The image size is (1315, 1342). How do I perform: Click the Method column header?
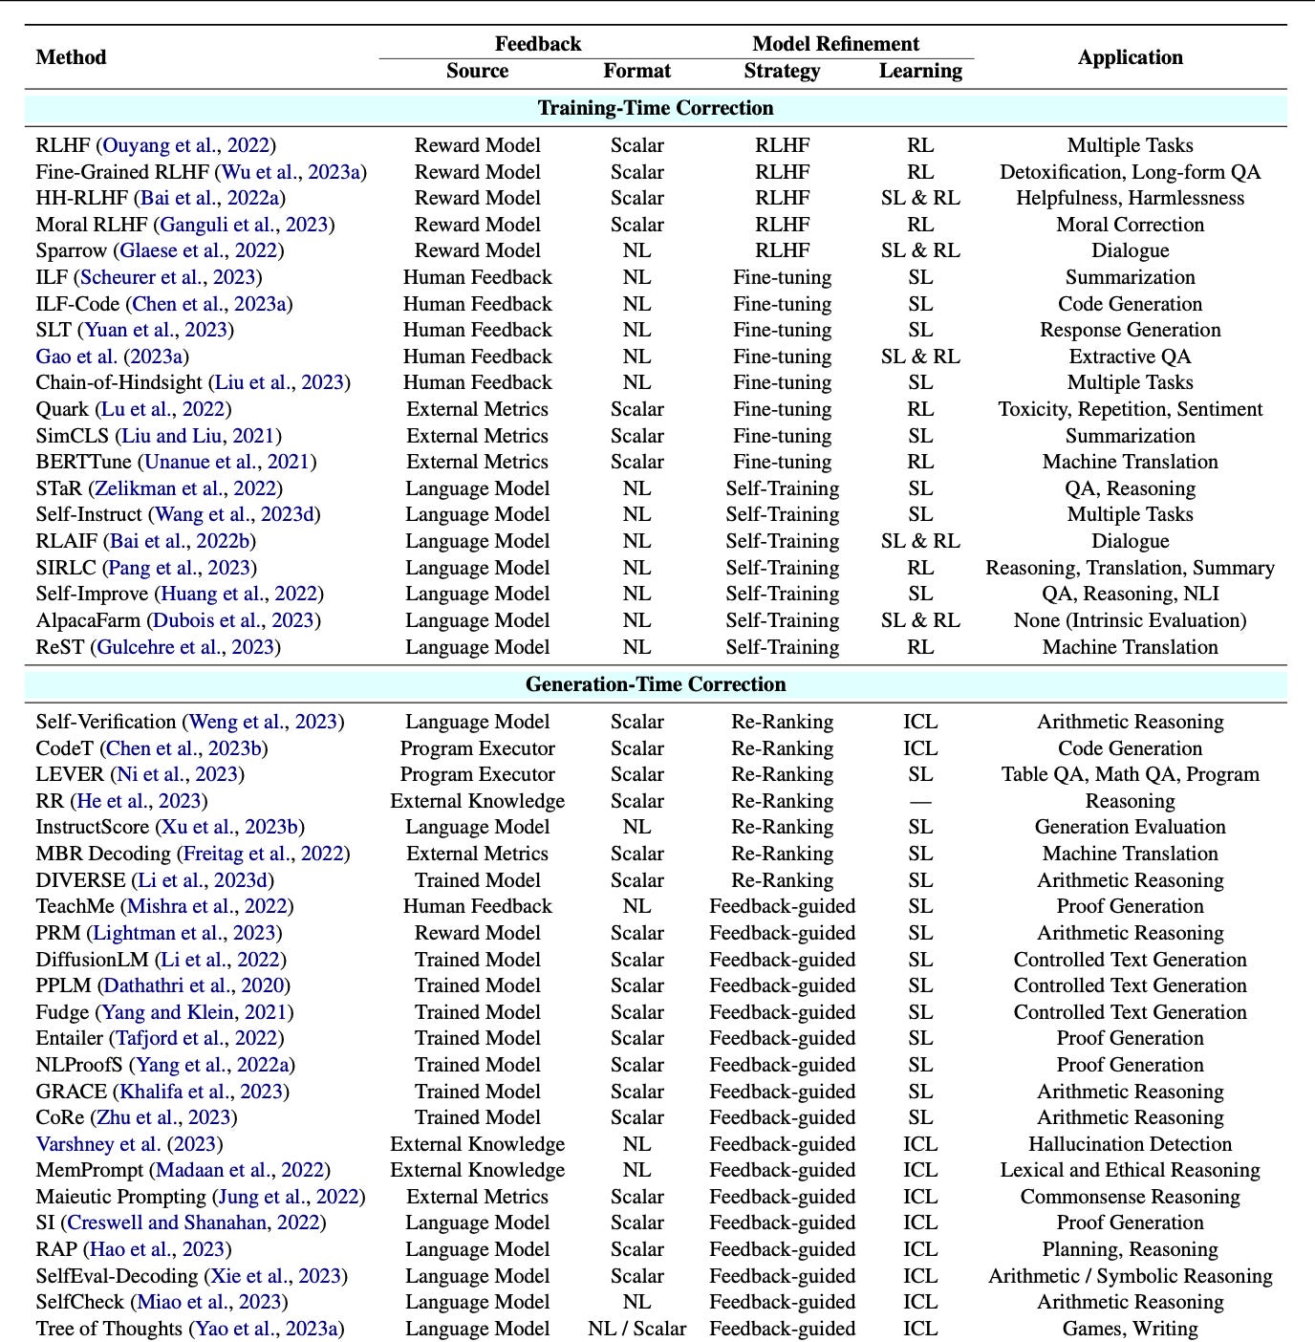[x=71, y=57]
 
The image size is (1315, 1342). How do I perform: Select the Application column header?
[x=1130, y=57]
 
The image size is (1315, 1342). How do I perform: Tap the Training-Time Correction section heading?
[x=656, y=108]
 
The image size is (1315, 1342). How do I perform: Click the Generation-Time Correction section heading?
[x=656, y=684]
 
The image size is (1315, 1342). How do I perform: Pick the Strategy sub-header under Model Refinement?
[x=782, y=71]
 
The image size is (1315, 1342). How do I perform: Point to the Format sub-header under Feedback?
[x=636, y=71]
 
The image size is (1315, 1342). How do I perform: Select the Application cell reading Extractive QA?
[x=1130, y=357]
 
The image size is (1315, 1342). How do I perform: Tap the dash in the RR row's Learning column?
[x=920, y=801]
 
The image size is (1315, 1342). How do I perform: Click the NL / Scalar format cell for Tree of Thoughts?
[x=636, y=1329]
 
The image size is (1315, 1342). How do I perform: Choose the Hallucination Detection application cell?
[x=1130, y=1144]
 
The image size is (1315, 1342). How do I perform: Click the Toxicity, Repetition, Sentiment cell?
[x=1130, y=409]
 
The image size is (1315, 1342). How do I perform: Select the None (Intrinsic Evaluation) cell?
[x=1130, y=620]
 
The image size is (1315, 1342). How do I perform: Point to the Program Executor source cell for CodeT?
[x=477, y=748]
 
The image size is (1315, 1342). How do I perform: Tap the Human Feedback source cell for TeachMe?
[x=477, y=906]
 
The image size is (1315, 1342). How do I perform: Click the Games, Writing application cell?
[x=1130, y=1329]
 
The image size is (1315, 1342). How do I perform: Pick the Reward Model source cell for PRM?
[x=477, y=933]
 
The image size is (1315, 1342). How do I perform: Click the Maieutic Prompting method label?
[x=120, y=1197]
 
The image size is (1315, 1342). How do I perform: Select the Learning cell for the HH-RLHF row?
[x=920, y=198]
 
